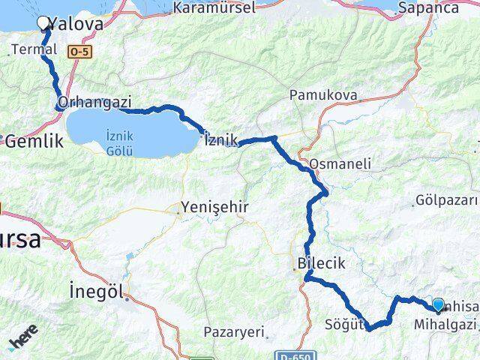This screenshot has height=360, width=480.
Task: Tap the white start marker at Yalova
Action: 44,24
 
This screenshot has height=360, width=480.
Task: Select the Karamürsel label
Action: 214,7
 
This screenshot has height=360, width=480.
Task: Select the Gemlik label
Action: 31,140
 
